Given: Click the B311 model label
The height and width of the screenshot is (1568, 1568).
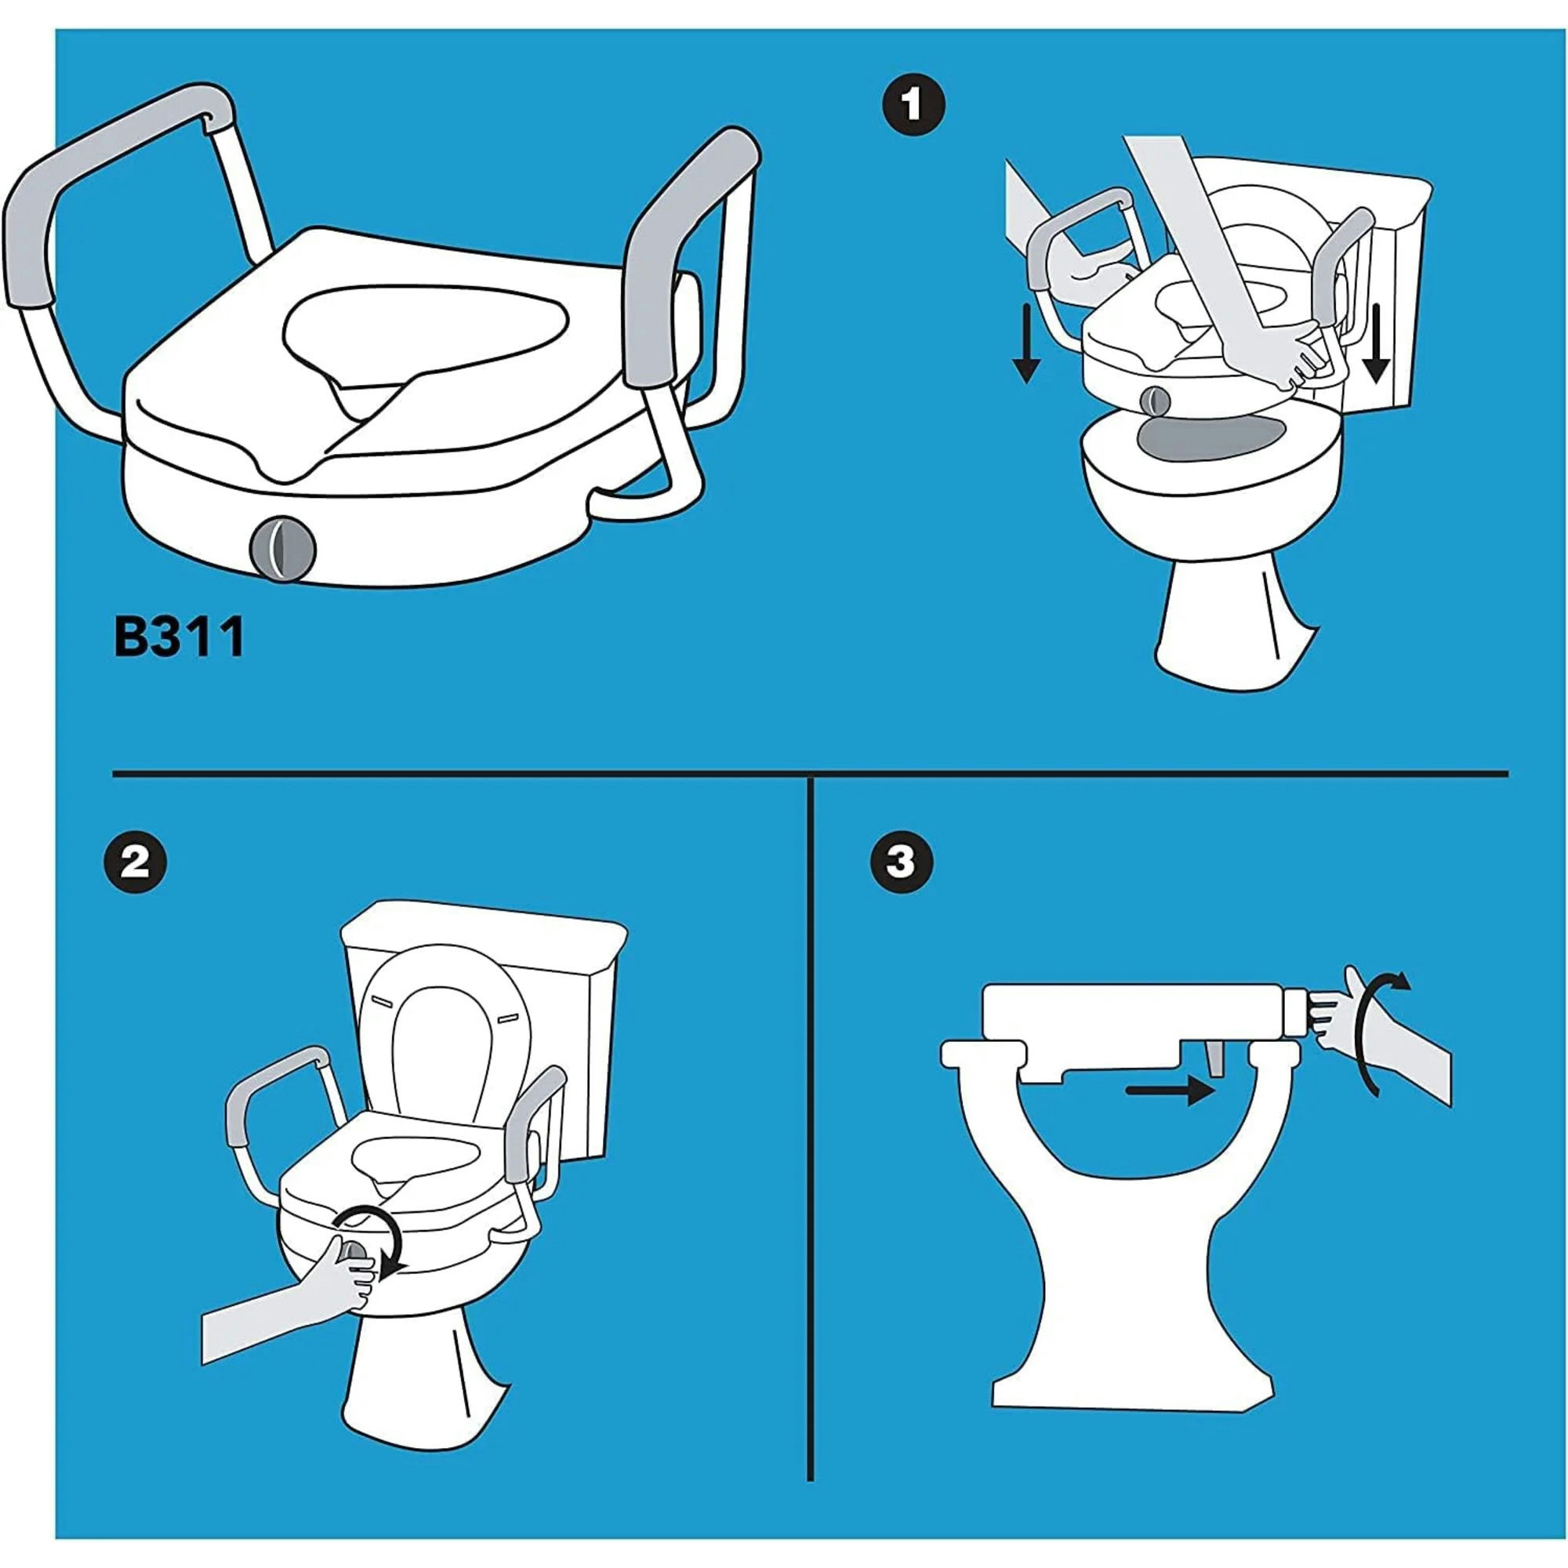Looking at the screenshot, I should pos(180,637).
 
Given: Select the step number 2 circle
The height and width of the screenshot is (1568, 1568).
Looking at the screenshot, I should pos(135,862).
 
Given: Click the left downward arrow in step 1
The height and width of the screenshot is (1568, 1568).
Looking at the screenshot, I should pos(1027,342).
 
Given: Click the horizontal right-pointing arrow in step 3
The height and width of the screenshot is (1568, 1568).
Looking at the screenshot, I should pos(1169,1091).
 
